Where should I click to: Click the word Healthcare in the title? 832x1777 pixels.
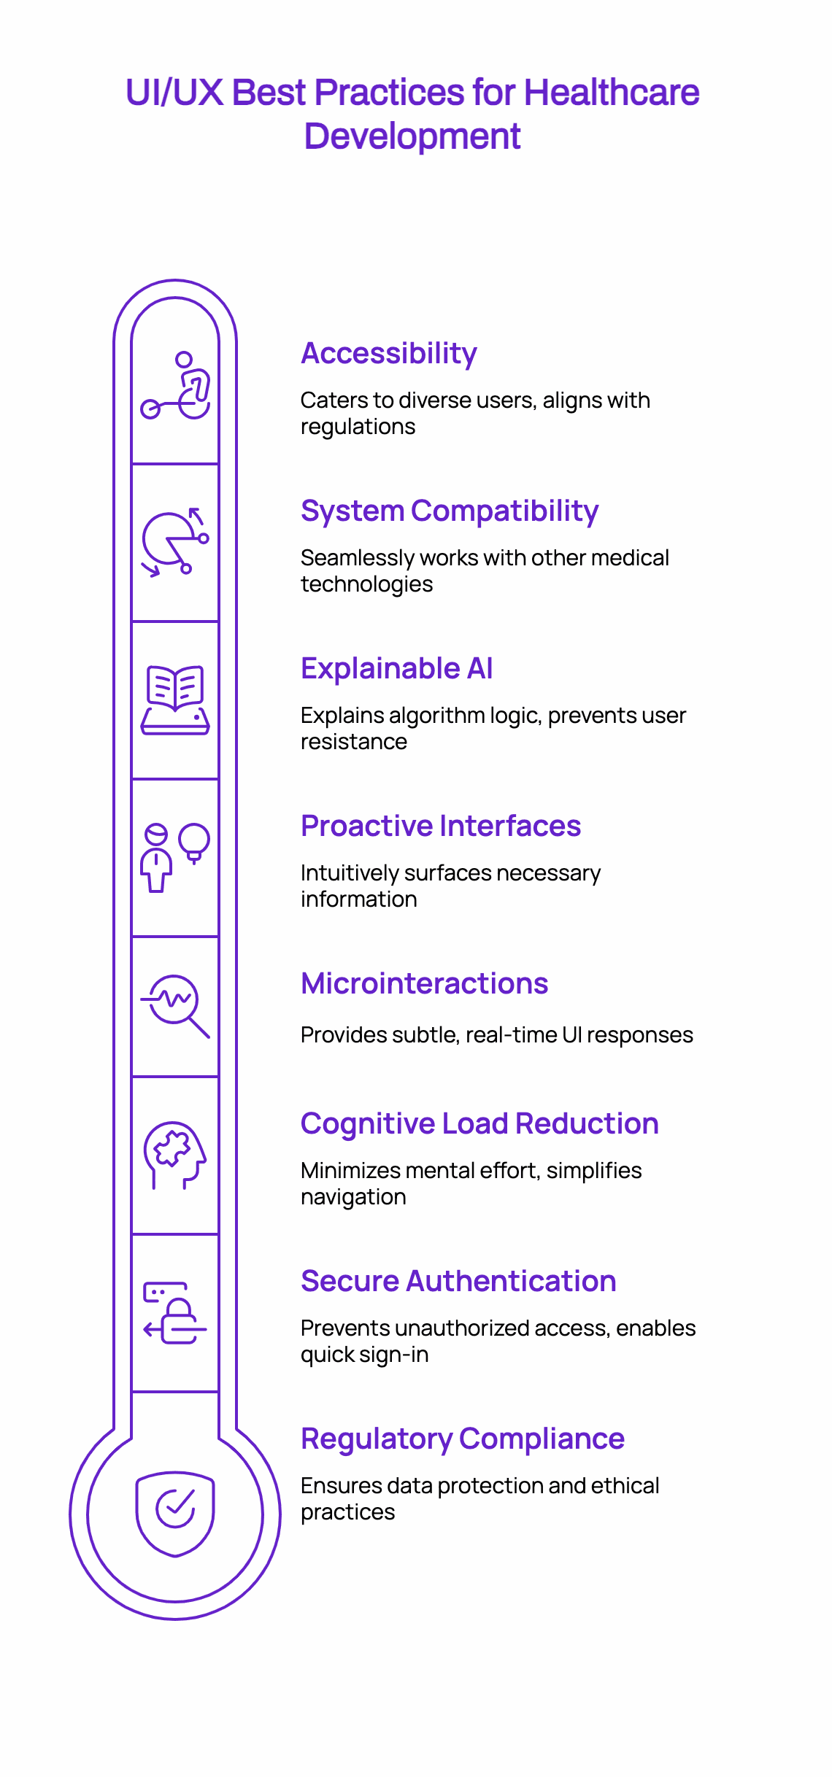click(611, 93)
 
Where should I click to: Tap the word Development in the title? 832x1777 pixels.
click(412, 136)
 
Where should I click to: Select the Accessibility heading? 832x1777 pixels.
click(389, 353)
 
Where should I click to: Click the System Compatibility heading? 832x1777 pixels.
click(450, 511)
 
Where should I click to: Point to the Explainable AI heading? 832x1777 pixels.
click(397, 668)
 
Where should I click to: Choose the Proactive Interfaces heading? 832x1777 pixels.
click(441, 826)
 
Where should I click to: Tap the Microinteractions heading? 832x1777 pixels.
click(424, 983)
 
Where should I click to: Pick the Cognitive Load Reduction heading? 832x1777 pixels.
click(479, 1123)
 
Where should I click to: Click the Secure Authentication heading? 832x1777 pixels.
click(458, 1281)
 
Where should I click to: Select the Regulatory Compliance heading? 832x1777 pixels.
click(463, 1439)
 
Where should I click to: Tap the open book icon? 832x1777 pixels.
click(175, 699)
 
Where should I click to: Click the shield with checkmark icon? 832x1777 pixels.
click(175, 1513)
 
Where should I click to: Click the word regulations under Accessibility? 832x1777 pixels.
click(358, 427)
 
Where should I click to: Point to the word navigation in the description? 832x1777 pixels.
click(353, 1197)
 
